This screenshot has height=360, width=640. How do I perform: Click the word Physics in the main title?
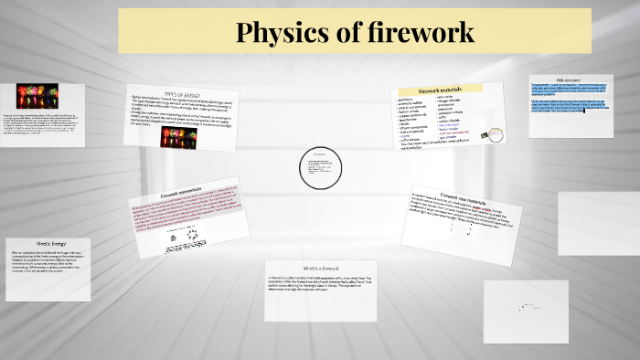(x=277, y=32)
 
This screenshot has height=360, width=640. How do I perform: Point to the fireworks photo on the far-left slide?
(x=37, y=95)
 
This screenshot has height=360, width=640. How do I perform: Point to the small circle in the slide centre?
(x=319, y=165)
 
